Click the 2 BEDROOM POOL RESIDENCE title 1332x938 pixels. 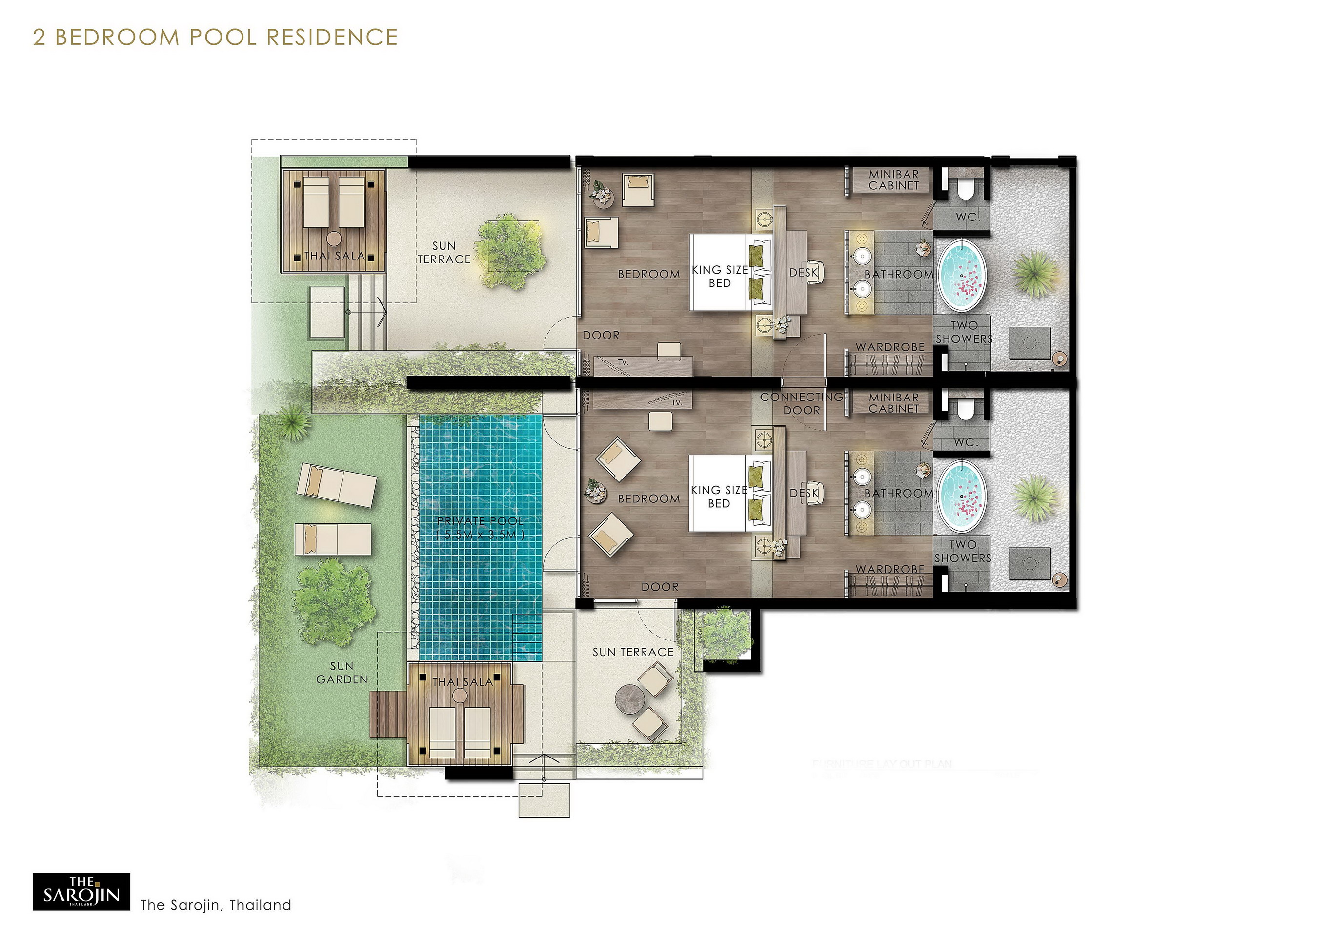click(215, 37)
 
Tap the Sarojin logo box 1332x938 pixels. click(81, 891)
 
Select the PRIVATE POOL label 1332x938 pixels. click(480, 527)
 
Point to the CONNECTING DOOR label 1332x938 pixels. click(802, 403)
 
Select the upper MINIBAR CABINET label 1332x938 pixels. click(893, 180)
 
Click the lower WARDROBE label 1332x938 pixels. click(890, 569)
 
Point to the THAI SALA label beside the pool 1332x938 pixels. click(463, 681)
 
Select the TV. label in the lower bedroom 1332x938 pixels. click(676, 402)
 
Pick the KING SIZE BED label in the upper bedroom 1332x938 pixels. click(719, 276)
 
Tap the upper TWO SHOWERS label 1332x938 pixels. click(964, 332)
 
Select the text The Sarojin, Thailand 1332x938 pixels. click(216, 905)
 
